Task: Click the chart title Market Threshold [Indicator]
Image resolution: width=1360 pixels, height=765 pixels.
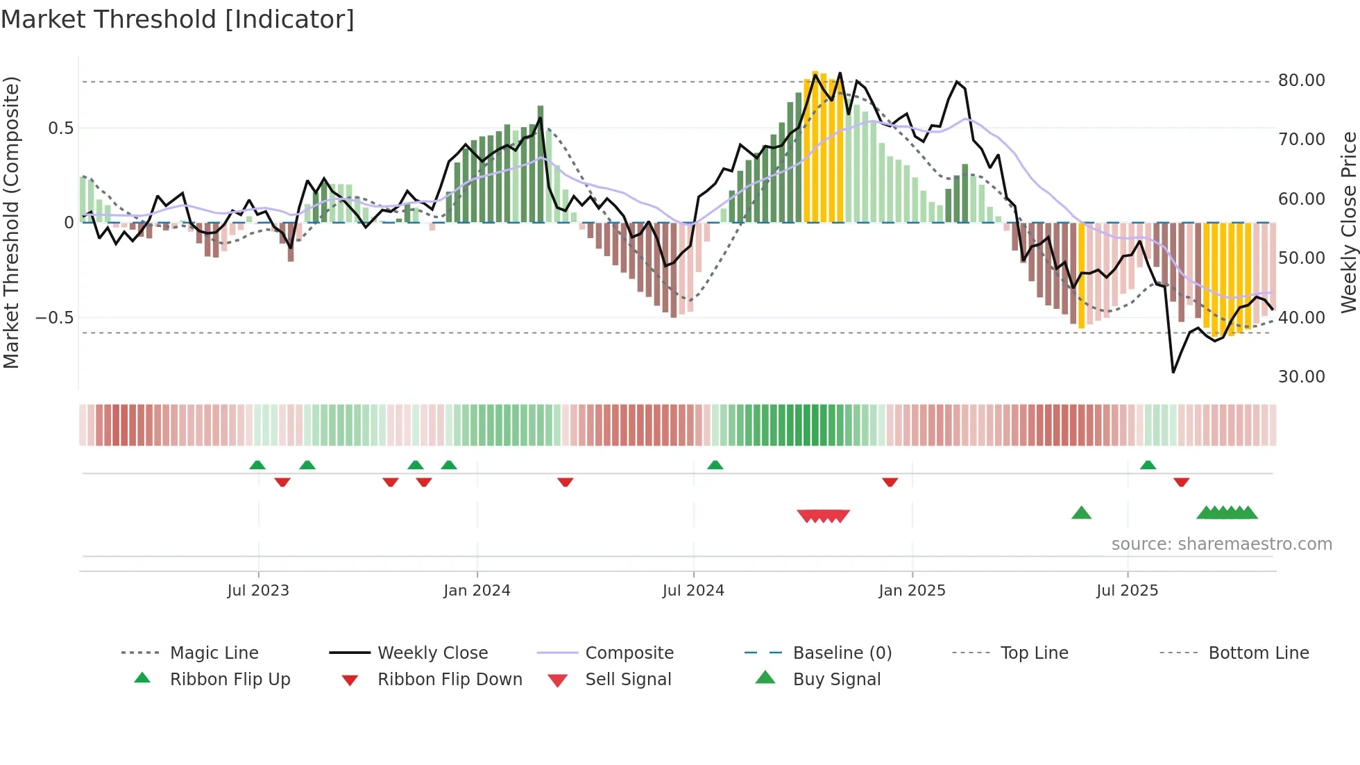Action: click(x=178, y=19)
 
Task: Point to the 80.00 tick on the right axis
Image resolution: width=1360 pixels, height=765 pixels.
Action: click(x=1301, y=81)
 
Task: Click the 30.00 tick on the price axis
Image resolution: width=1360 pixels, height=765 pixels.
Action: click(x=1301, y=377)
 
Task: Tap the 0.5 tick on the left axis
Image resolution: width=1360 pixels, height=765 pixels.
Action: click(x=60, y=128)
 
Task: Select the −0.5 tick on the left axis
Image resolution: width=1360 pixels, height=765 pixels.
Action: click(x=54, y=318)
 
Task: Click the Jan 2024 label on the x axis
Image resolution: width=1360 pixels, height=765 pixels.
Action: click(x=477, y=591)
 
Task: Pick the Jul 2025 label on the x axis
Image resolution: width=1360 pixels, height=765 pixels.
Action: click(x=1127, y=591)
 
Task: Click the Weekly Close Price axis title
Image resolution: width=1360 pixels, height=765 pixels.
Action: click(x=1348, y=222)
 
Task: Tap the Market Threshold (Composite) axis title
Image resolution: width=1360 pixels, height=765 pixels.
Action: click(x=11, y=222)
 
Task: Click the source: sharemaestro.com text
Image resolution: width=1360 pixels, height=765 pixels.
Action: click(x=1221, y=544)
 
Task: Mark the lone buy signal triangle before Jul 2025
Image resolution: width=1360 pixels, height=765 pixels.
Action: click(x=1081, y=513)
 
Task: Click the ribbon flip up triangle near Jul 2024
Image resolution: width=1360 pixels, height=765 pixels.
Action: click(x=715, y=464)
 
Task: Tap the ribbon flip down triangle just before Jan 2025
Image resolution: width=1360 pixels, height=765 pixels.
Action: click(x=890, y=482)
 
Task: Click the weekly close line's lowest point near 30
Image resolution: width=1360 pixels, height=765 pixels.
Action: click(x=1173, y=372)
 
